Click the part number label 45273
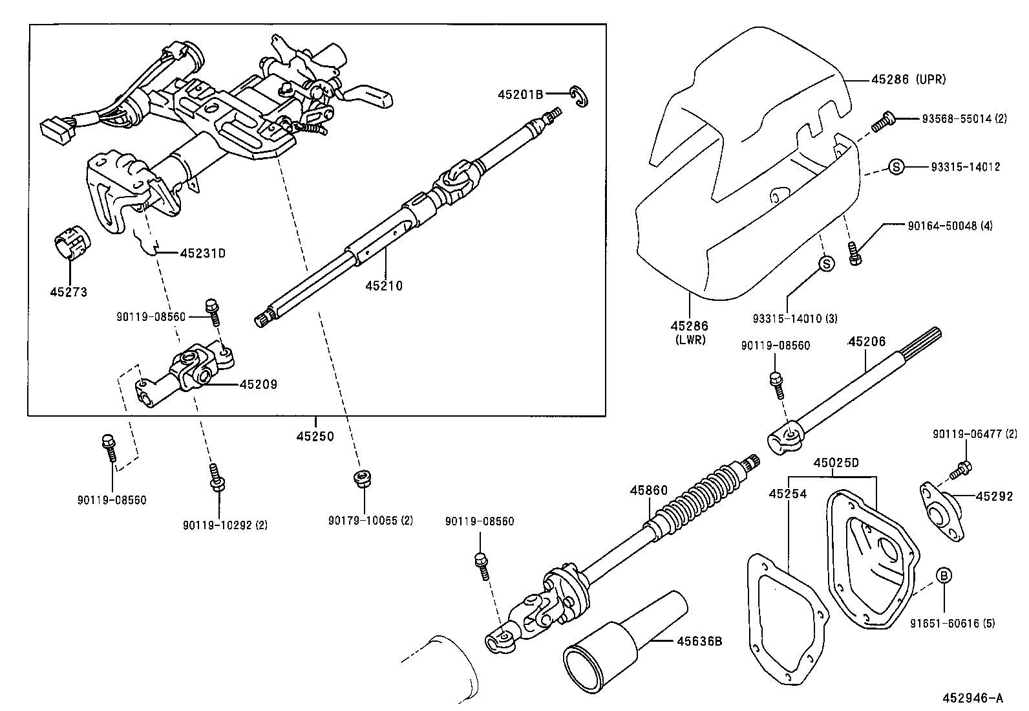69,292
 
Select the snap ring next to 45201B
580,95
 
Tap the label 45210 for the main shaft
383,285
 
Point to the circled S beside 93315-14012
895,167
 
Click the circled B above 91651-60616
943,575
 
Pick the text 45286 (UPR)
908,80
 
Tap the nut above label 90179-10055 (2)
363,480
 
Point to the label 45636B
699,641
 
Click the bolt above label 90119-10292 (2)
215,478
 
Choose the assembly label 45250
315,437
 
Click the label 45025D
836,463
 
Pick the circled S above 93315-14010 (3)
825,263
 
